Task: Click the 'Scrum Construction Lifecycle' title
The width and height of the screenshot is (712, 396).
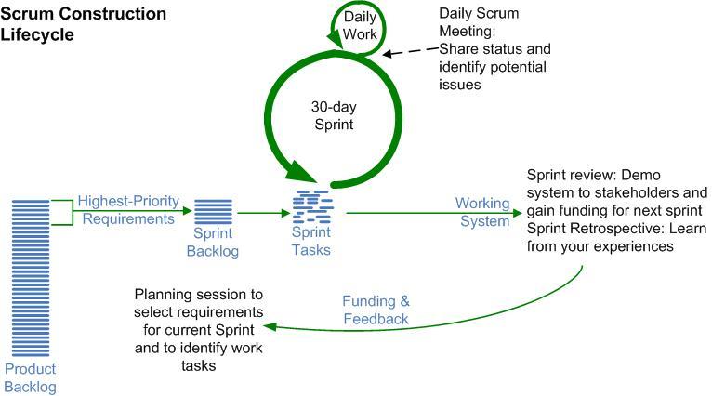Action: (84, 24)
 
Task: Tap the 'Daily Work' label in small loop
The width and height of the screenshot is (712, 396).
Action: (360, 26)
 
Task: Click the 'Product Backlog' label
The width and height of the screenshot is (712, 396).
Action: (30, 377)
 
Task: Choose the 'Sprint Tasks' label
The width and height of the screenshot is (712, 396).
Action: (310, 242)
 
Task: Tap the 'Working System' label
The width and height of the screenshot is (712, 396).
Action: (482, 212)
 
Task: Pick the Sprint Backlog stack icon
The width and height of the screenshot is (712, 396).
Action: (215, 211)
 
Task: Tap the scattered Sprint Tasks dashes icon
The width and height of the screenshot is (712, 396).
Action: (311, 205)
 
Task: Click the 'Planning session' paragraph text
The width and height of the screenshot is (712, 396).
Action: (199, 328)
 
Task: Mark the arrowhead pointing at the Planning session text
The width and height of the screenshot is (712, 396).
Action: (270, 327)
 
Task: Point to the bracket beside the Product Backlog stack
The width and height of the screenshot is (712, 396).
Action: (61, 211)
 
